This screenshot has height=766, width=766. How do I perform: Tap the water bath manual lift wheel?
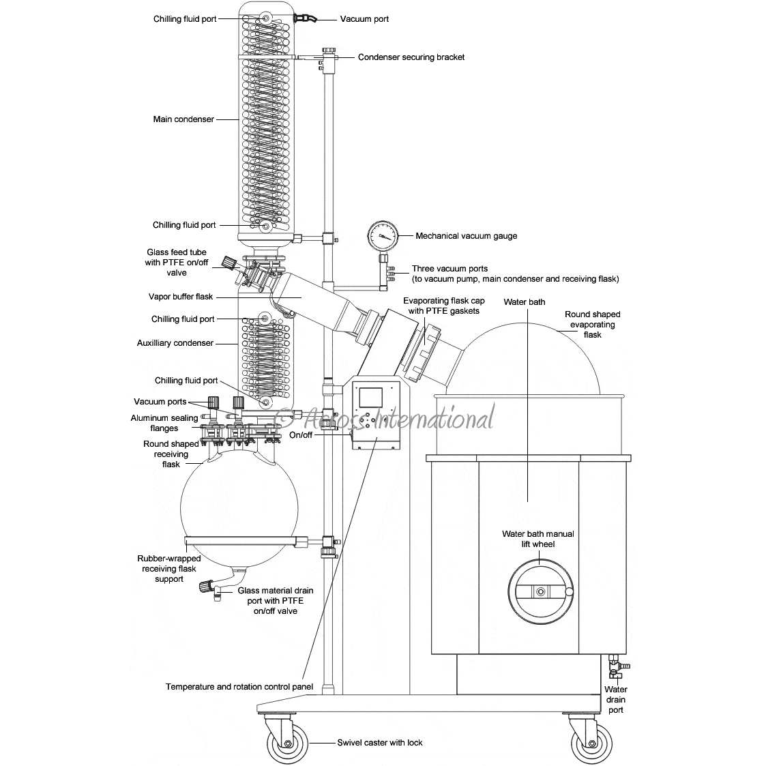click(x=541, y=591)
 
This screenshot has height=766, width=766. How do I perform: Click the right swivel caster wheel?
click(x=589, y=743)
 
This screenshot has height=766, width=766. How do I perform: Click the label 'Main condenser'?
click(x=183, y=119)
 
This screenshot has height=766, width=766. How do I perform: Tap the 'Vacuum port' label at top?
click(x=364, y=19)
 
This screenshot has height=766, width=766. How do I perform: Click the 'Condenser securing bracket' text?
click(x=411, y=57)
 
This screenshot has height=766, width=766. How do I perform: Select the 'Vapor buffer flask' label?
click(x=181, y=297)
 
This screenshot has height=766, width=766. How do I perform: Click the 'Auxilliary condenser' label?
click(x=175, y=343)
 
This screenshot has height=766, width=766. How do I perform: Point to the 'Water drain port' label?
click(x=615, y=700)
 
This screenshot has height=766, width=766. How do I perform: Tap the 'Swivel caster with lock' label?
click(x=380, y=742)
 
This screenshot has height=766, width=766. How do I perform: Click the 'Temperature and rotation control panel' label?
click(x=239, y=686)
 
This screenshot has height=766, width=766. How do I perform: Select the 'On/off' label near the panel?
click(x=301, y=434)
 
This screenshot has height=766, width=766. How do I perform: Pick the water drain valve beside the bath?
click(x=615, y=664)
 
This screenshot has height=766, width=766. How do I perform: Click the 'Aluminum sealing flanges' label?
click(x=164, y=423)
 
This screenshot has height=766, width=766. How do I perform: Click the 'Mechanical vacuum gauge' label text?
click(x=467, y=236)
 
